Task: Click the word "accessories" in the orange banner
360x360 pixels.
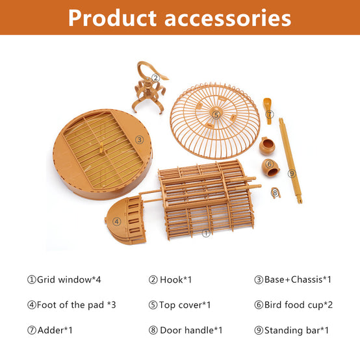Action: (x=227, y=19)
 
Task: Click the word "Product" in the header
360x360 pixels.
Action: (x=112, y=18)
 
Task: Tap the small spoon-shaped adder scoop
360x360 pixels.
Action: (x=268, y=110)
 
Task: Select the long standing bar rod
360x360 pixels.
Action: (x=290, y=161)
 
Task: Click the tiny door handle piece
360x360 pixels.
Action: (x=276, y=192)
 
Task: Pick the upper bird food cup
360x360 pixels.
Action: (x=267, y=146)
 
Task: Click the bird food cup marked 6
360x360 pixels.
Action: (x=271, y=167)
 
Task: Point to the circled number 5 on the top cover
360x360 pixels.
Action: (x=216, y=115)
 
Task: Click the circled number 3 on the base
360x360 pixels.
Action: (x=139, y=140)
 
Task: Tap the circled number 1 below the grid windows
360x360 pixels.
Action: (x=206, y=233)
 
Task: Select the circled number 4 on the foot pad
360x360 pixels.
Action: (x=116, y=222)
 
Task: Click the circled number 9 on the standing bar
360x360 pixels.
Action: (x=292, y=174)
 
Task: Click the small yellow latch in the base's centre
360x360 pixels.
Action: (x=101, y=147)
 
